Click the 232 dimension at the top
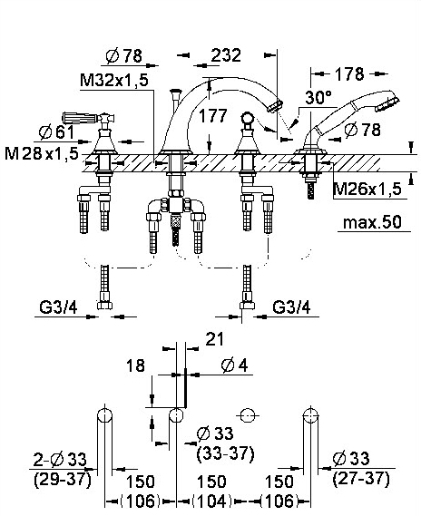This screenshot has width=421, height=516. (226, 55)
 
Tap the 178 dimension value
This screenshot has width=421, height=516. (349, 73)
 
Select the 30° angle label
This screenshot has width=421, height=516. (318, 97)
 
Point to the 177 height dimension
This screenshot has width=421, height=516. (213, 115)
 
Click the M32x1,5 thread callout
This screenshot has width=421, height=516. (114, 80)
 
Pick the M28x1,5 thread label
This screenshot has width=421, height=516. (41, 153)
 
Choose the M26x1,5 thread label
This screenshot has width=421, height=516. (367, 189)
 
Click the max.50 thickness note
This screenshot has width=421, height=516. (372, 223)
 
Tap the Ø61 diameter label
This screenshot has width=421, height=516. (56, 132)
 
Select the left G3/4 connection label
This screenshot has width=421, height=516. (58, 307)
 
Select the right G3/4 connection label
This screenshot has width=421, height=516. (291, 307)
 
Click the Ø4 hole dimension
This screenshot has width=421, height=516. (235, 365)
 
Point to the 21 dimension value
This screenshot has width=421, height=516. (214, 339)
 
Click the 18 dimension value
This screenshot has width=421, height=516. (135, 365)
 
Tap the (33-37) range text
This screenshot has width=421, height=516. (225, 453)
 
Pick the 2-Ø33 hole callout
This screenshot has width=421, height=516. (60, 460)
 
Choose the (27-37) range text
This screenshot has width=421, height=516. (361, 479)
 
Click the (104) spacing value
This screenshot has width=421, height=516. (212, 501)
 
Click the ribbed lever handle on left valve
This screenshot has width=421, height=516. (79, 118)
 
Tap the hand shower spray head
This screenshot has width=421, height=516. (388, 102)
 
